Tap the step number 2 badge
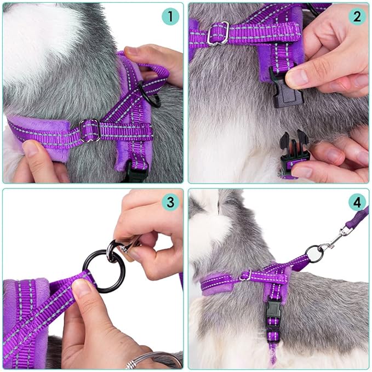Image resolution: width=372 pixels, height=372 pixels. pyautogui.click(x=357, y=16)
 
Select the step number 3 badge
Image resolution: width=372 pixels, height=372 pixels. pyautogui.click(x=170, y=202)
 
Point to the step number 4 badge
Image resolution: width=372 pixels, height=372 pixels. pyautogui.click(x=357, y=202)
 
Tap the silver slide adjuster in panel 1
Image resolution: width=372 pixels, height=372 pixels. pyautogui.click(x=90, y=130)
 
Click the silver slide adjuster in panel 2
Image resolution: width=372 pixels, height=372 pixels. pyautogui.click(x=218, y=33)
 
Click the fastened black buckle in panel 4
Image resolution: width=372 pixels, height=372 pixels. pyautogui.click(x=273, y=314)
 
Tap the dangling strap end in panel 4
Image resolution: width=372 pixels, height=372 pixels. pyautogui.click(x=273, y=351)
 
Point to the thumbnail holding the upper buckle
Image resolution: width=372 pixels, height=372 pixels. pyautogui.click(x=299, y=78)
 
